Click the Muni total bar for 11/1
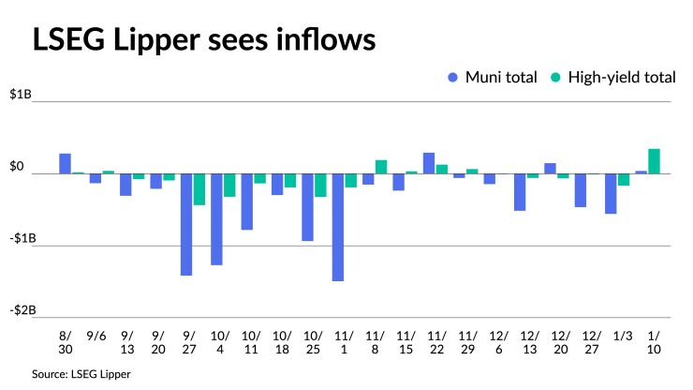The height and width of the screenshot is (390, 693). (337, 227)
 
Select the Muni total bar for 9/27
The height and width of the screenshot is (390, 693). (186, 224)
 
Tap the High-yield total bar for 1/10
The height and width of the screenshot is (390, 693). (655, 161)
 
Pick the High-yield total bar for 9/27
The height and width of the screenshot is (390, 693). (199, 189)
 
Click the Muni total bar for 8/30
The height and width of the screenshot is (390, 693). (66, 164)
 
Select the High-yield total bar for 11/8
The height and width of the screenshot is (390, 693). (381, 167)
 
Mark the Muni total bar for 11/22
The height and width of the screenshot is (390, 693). (429, 163)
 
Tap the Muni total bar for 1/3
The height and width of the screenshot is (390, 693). (611, 194)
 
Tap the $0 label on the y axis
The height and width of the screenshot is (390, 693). (17, 167)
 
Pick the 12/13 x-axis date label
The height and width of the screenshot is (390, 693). (529, 341)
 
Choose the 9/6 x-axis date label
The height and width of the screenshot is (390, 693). (96, 335)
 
